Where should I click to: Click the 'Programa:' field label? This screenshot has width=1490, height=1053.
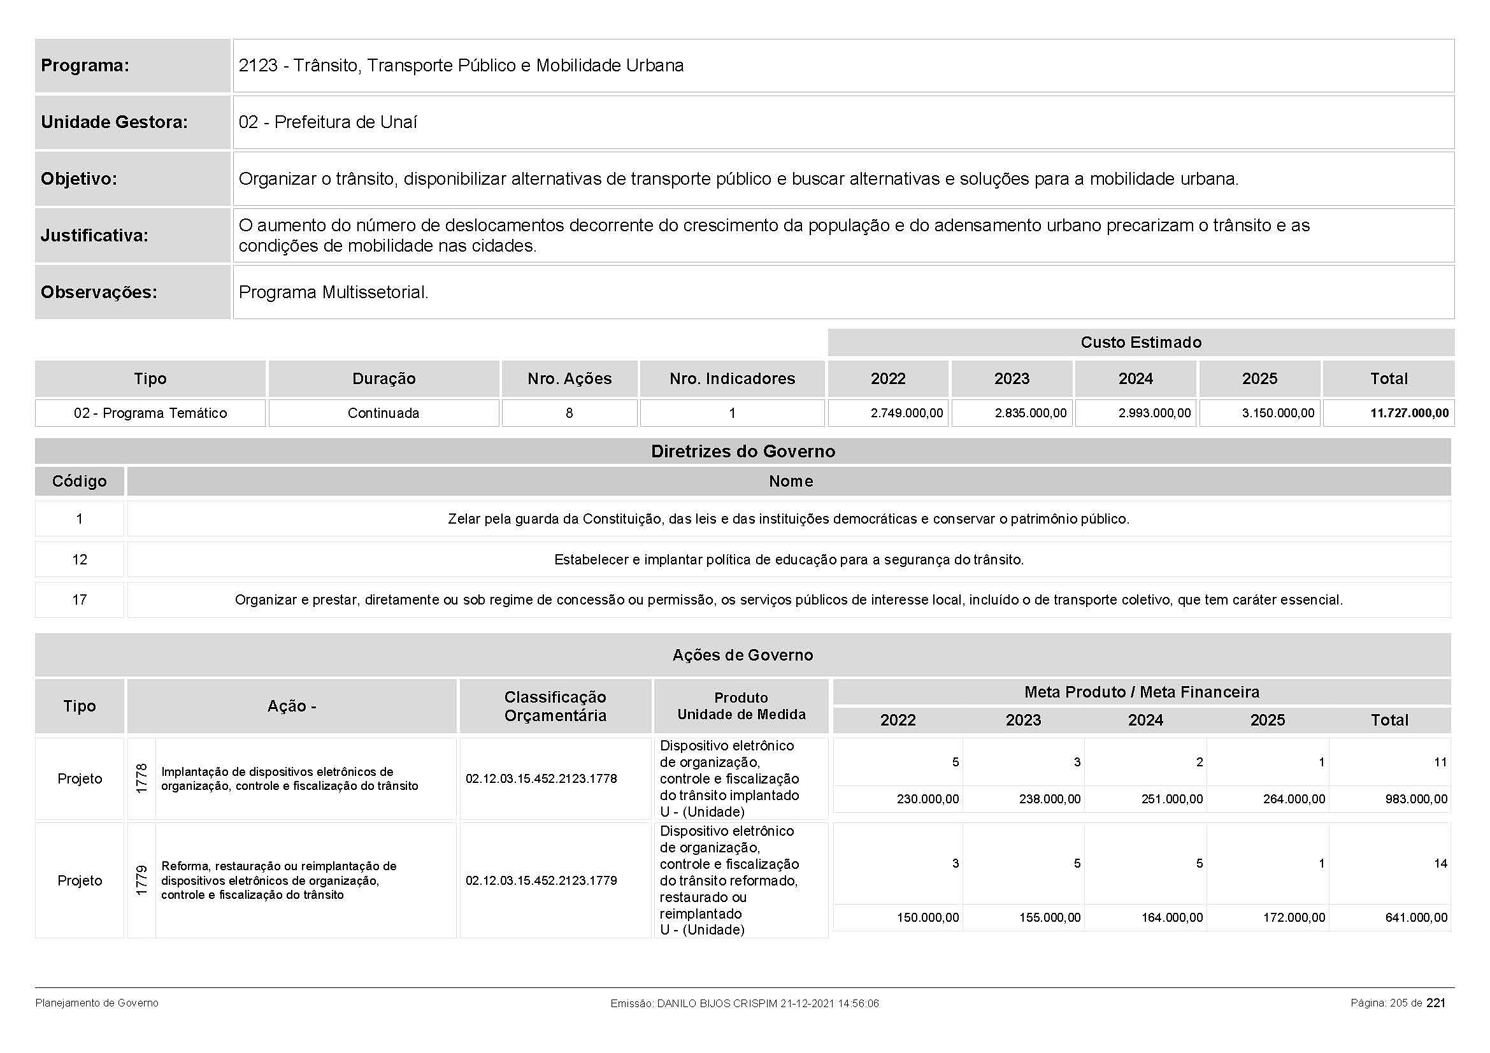click(85, 66)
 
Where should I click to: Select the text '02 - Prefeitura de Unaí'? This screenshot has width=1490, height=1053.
click(327, 122)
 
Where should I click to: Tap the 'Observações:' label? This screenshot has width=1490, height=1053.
click(99, 292)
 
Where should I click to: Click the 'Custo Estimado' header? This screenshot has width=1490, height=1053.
click(1140, 343)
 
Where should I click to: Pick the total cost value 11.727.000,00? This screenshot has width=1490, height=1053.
click(1409, 413)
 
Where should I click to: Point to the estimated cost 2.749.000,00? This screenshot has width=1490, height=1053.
click(906, 413)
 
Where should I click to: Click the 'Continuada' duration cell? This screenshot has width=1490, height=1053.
click(383, 413)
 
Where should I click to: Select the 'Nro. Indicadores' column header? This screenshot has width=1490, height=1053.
click(732, 379)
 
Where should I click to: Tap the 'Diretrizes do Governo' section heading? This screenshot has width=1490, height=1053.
click(742, 452)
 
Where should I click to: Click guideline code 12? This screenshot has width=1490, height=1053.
click(79, 559)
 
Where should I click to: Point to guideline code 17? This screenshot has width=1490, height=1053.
click(79, 599)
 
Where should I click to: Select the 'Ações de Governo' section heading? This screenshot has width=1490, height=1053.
click(742, 655)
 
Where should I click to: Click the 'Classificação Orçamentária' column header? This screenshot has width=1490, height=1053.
click(555, 706)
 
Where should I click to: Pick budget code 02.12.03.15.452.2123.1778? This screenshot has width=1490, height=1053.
click(541, 778)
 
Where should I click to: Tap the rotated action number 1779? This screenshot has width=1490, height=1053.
click(141, 880)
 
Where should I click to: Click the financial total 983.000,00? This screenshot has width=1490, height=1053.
click(1416, 799)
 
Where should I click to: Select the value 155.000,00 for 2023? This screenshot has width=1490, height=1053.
click(1049, 917)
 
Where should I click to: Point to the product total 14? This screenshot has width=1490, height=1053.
click(1440, 864)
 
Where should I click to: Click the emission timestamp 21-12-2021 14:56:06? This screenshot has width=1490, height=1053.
click(829, 1003)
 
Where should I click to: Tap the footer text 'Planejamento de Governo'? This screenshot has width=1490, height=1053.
click(97, 1003)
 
